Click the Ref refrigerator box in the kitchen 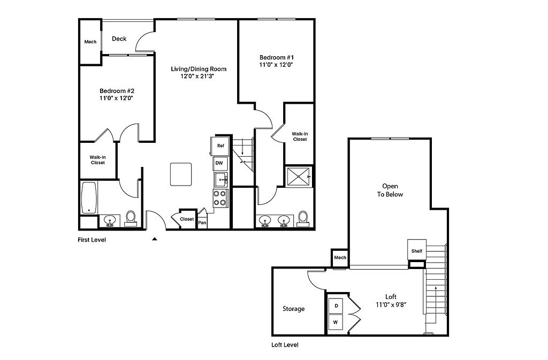point(220,146)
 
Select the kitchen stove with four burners point(220,198)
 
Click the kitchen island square point(181,174)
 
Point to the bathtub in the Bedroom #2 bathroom point(89,197)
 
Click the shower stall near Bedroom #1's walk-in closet point(298,178)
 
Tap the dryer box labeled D point(336,306)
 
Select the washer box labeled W point(336,322)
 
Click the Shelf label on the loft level point(416,251)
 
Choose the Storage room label point(294,309)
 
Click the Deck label point(119,39)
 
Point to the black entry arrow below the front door point(155,239)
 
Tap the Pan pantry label point(202,223)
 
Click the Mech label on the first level point(90,42)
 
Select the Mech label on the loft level point(340,257)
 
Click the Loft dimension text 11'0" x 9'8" point(391,305)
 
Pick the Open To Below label point(390,190)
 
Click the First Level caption point(92,240)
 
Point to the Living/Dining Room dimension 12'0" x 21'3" point(197,76)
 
